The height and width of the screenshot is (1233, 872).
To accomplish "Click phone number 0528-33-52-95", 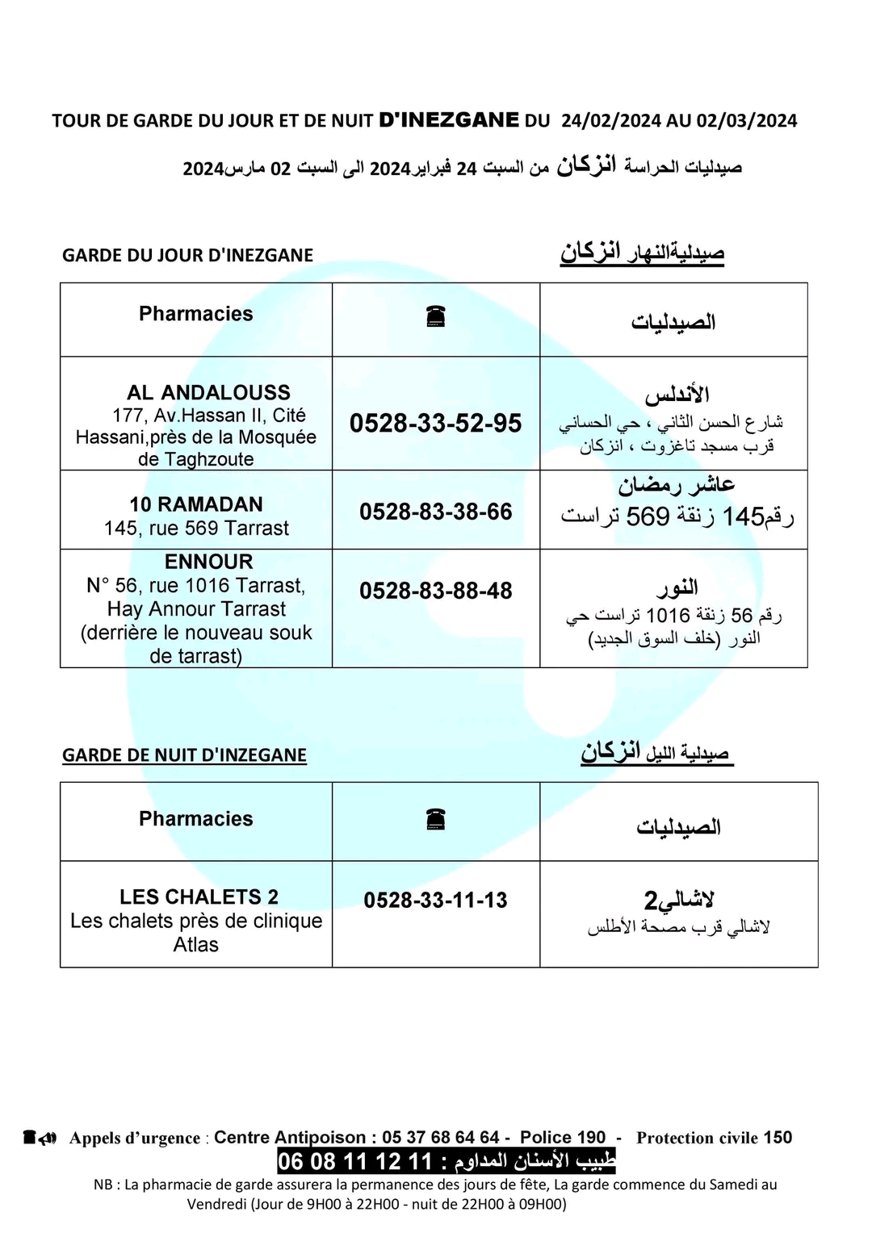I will pos(435,423).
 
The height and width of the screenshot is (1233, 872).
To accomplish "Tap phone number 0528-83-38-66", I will pos(435,512).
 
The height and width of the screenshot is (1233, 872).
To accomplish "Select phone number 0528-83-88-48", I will pos(435,591).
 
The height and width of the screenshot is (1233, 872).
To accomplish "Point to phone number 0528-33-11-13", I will pos(435,900).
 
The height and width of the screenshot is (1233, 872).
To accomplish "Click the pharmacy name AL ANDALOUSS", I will pos(208,393).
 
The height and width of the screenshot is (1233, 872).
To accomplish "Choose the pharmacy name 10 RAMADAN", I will pos(196,504).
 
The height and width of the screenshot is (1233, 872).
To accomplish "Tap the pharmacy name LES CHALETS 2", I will pos(199,897).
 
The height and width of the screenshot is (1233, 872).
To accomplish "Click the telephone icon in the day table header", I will pos(436,318).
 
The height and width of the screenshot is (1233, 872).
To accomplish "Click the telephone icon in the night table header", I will pos(436,821).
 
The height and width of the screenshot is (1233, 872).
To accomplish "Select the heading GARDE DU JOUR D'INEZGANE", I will pos(187,255).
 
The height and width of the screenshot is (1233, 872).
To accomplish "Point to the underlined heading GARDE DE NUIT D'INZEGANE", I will pos(184,755).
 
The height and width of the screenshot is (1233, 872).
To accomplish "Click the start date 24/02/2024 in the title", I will pos(611,121).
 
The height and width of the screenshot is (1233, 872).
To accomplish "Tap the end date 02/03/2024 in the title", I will pos(747,121).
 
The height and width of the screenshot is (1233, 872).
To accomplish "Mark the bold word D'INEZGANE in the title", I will pos(449,120).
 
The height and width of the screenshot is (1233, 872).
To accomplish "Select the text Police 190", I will pos(562,1137).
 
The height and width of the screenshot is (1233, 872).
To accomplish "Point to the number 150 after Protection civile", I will pos(778,1137).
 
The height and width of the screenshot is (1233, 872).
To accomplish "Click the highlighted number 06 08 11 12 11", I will pos(355,1161).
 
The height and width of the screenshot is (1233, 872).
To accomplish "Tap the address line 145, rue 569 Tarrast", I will pos(196,529).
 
